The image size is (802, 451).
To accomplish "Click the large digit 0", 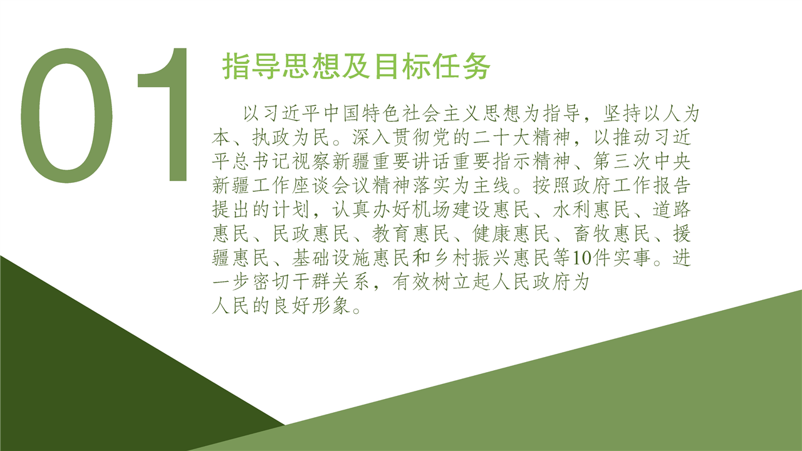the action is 21,117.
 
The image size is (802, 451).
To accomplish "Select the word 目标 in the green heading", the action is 402,66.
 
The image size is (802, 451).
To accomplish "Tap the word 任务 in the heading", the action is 461,66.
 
